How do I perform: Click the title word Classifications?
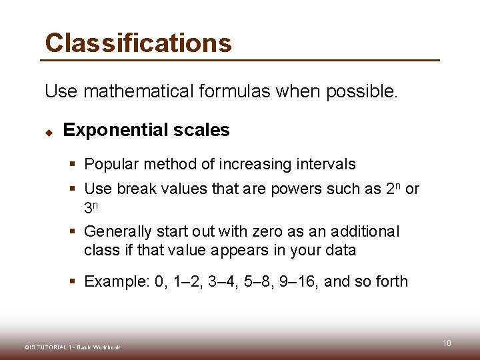138,43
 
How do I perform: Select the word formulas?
231,91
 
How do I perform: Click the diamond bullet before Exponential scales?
49,131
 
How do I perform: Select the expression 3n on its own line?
91,207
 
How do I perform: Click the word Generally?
118,232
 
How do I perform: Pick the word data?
341,251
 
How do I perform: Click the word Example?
116,281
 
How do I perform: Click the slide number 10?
447,343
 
